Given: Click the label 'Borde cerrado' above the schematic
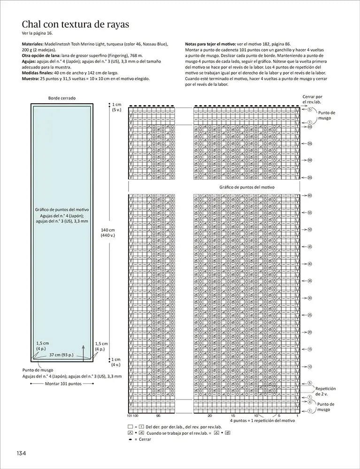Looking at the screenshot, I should [62, 98].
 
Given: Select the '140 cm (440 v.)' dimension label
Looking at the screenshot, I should [108, 233].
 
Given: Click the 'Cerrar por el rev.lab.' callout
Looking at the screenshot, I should [313, 98].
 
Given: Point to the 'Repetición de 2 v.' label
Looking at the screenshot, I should [325, 391].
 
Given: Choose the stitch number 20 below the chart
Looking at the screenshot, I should [209, 416].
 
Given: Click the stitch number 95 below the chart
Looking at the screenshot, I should [159, 416].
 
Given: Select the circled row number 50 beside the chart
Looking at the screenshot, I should [310, 229].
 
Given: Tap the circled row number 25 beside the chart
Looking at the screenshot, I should [310, 315].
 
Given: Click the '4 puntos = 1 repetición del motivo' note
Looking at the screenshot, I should [262, 420].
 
